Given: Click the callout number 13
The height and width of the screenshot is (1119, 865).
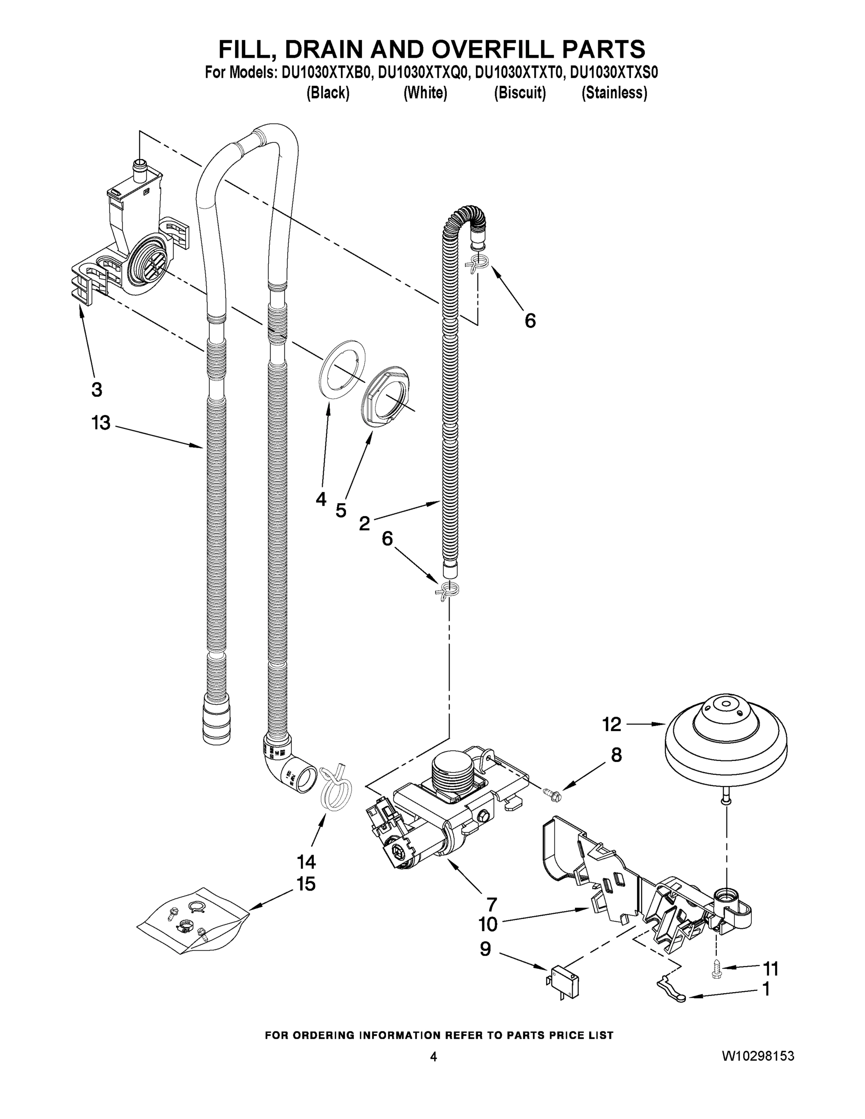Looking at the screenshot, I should [101, 423].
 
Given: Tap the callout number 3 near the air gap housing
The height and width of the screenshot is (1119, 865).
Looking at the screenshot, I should [97, 389].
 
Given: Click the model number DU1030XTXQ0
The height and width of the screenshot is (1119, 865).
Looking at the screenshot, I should [423, 73].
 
